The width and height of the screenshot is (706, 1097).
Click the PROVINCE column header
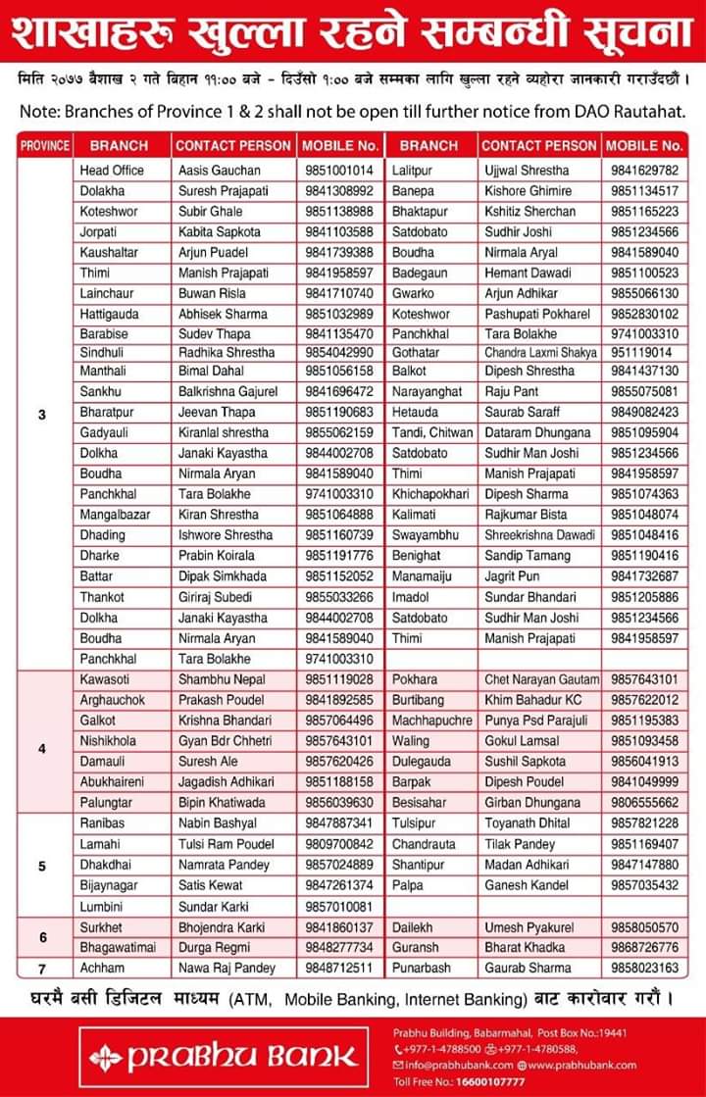(45, 145)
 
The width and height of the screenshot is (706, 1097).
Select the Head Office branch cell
(112, 170)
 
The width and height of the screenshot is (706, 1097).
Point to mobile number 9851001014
(338, 170)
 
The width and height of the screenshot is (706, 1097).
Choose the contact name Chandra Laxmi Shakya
(539, 351)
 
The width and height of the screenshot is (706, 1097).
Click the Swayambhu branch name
(424, 535)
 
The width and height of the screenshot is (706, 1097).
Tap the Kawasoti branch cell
(105, 679)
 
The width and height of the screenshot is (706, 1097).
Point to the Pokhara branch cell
(415, 679)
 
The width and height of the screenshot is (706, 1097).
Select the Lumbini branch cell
(103, 906)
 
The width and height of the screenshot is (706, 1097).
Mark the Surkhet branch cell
(102, 926)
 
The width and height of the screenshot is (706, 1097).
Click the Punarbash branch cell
(422, 968)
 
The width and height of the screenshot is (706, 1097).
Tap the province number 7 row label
(42, 968)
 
